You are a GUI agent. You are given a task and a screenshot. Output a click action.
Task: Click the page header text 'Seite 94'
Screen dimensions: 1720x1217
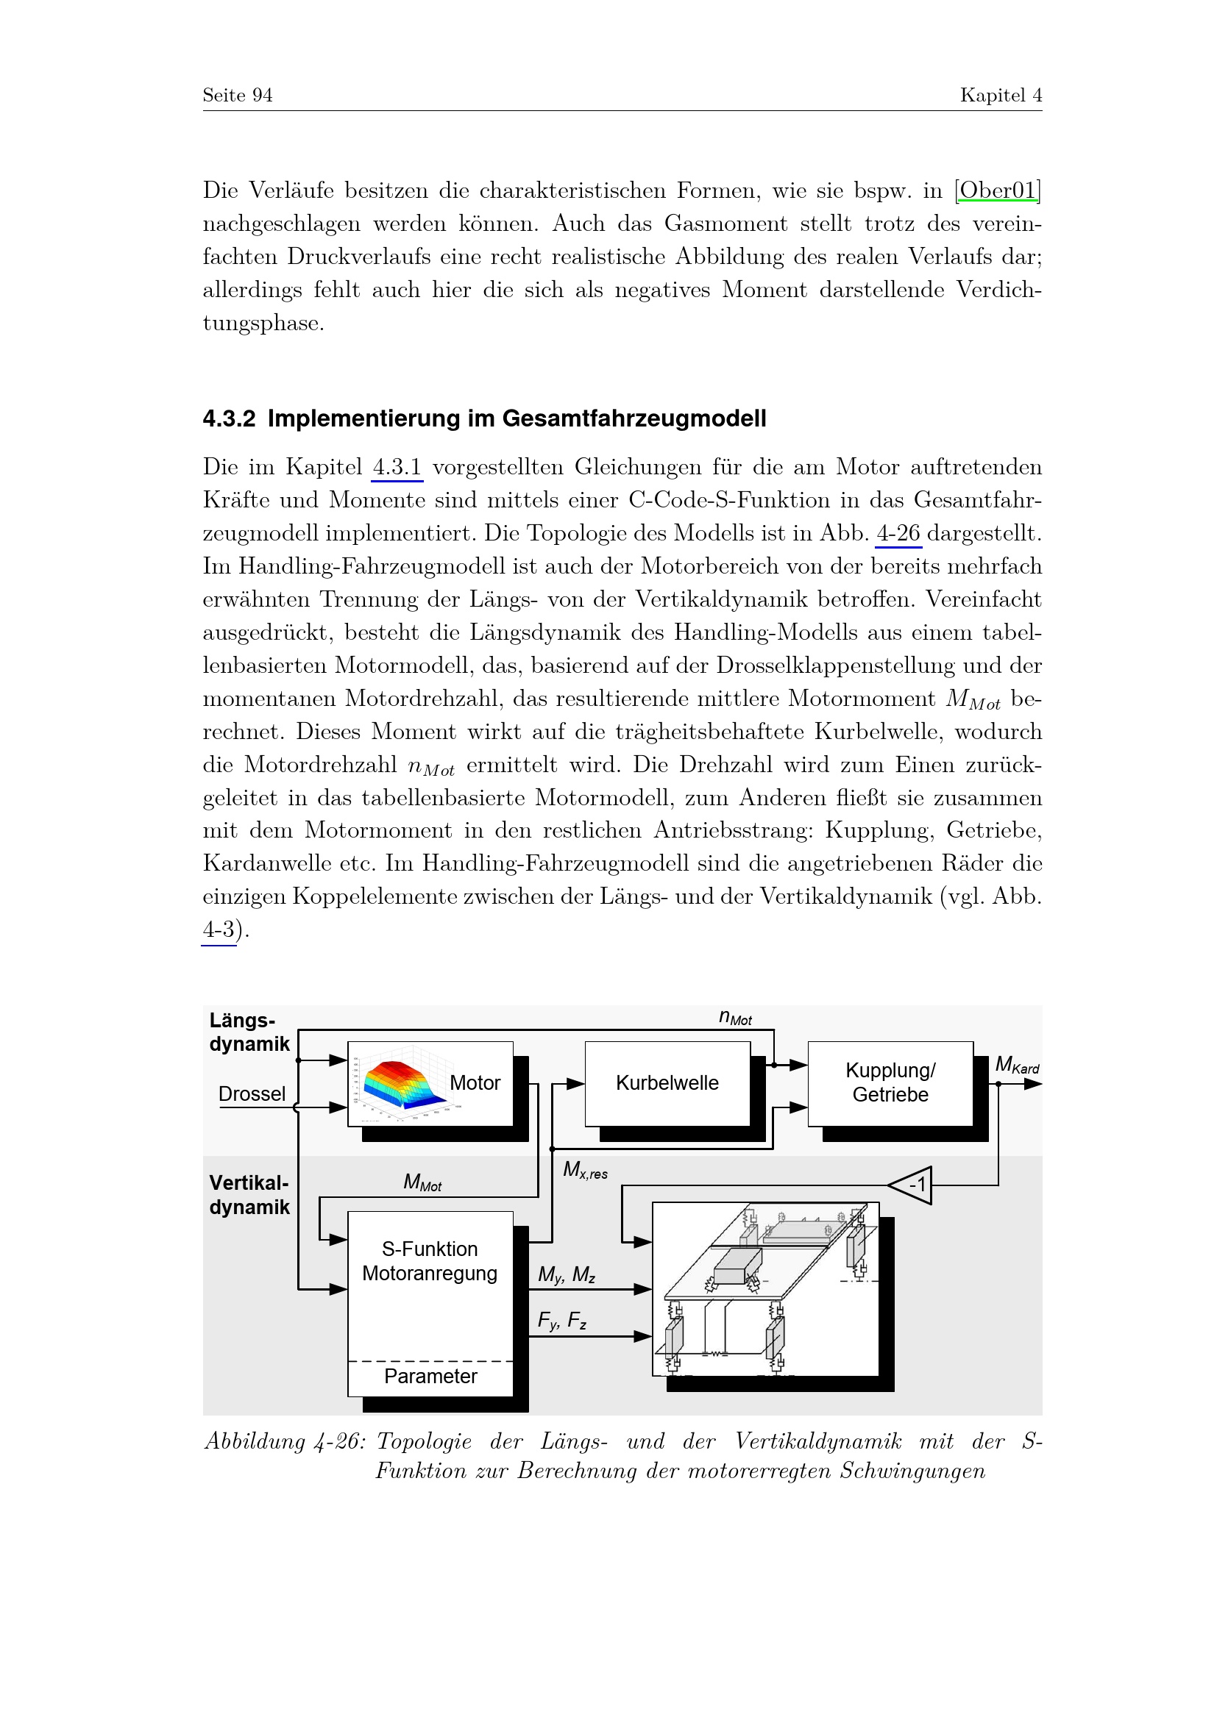pyautogui.click(x=237, y=95)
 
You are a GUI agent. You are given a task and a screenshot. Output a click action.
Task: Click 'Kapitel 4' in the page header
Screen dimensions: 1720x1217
pyautogui.click(x=1001, y=95)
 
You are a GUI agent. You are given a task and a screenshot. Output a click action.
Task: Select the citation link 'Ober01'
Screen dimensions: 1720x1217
pyautogui.click(x=998, y=190)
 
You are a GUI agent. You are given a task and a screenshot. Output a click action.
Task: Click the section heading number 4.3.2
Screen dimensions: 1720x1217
pyautogui.click(x=230, y=418)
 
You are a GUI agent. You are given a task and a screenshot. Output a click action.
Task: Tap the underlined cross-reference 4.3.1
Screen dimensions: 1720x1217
pyautogui.click(x=397, y=468)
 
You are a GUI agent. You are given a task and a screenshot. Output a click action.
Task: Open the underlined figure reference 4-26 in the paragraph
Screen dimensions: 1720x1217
pyautogui.click(x=898, y=533)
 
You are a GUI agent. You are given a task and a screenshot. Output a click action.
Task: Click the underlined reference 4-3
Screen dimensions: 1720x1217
pyautogui.click(x=219, y=929)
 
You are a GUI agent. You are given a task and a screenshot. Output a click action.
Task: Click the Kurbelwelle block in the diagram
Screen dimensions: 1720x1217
pyautogui.click(x=667, y=1083)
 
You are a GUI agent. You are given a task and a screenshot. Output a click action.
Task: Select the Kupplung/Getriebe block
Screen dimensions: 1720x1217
pyautogui.click(x=890, y=1083)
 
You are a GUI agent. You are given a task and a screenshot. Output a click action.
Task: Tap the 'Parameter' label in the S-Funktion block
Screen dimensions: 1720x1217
pyautogui.click(x=430, y=1376)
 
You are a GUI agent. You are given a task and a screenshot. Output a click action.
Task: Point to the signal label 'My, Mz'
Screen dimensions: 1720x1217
pyautogui.click(x=567, y=1274)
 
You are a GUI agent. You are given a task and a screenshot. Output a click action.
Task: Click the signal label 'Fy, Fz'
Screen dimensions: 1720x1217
pyautogui.click(x=562, y=1320)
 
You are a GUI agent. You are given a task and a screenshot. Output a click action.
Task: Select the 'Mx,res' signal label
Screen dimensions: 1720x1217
pyautogui.click(x=585, y=1170)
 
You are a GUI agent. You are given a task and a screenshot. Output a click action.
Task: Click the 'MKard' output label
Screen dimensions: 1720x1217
pyautogui.click(x=1017, y=1065)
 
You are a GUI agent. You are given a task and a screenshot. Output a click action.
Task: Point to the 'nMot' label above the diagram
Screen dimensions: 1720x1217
pyautogui.click(x=735, y=1017)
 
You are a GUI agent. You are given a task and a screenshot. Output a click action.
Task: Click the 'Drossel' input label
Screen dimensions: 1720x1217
pyautogui.click(x=252, y=1093)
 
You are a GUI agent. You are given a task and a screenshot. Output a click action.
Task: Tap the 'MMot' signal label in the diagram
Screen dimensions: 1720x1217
pyautogui.click(x=422, y=1182)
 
